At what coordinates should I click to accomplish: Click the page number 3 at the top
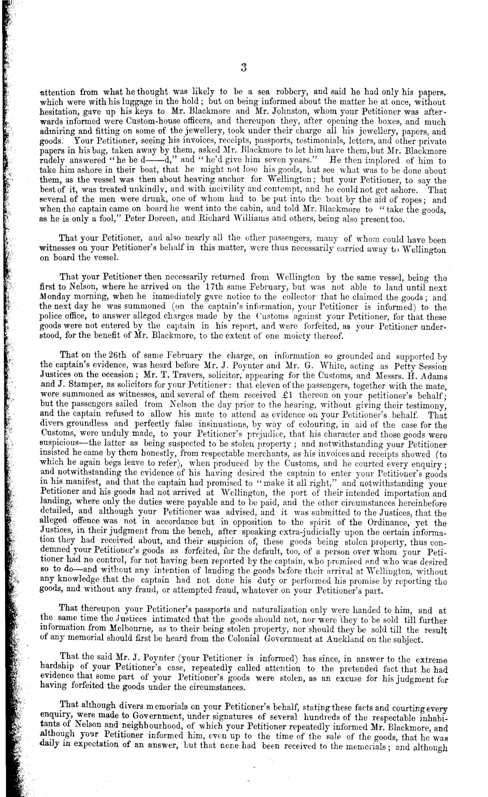[244, 67]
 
